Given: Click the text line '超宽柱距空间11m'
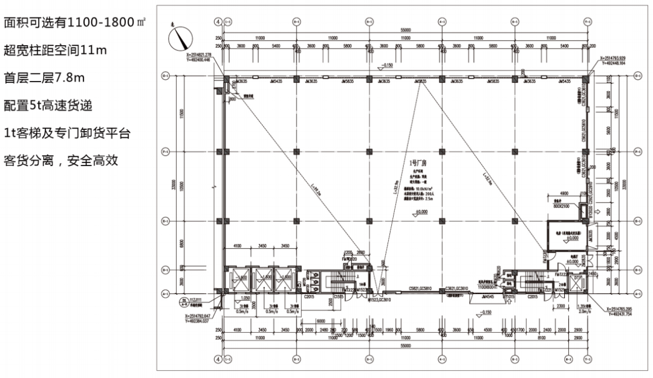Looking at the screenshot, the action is [x=55, y=50].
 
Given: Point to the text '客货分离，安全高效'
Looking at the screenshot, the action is [x=60, y=161].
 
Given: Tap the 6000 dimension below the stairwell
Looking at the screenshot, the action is [x=321, y=321].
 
